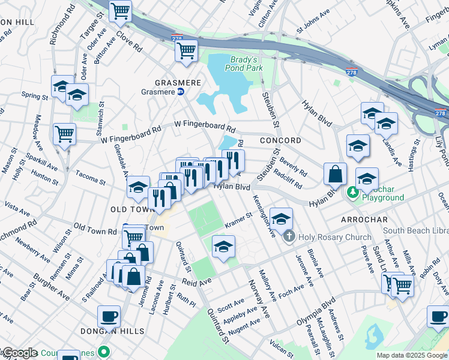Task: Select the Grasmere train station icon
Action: (180, 92)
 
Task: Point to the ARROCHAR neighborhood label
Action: (366, 220)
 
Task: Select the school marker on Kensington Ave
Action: (280, 218)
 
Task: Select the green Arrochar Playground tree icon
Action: (354, 192)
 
